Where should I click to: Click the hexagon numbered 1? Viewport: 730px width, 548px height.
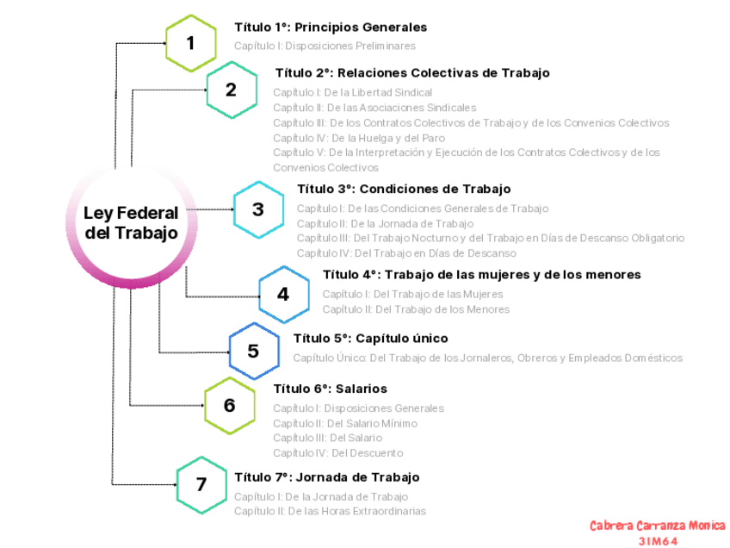tap(191, 42)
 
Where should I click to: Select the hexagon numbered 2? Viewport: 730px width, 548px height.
tap(231, 90)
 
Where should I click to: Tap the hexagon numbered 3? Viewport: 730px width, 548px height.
tap(258, 209)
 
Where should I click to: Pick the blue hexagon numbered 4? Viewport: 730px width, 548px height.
tap(283, 294)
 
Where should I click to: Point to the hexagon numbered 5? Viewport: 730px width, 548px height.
tap(253, 351)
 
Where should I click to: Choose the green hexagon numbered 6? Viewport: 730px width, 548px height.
tap(229, 405)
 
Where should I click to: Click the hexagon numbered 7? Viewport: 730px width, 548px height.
tap(201, 484)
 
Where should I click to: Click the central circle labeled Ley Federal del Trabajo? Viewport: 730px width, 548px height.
tap(131, 222)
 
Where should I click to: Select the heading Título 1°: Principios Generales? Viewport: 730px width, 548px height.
tap(331, 28)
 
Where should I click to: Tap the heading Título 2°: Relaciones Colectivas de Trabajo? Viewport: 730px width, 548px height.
tap(411, 73)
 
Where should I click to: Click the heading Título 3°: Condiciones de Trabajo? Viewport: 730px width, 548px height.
tap(404, 189)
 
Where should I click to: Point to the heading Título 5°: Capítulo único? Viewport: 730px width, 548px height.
tap(370, 339)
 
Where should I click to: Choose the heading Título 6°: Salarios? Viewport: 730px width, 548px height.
tap(330, 389)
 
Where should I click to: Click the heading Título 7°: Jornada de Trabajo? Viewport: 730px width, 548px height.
tap(326, 477)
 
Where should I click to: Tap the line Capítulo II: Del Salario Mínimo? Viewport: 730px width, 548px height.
tap(344, 423)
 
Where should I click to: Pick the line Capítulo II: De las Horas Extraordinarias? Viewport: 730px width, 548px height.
tap(330, 511)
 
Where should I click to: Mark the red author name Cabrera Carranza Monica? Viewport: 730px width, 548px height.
tap(657, 526)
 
